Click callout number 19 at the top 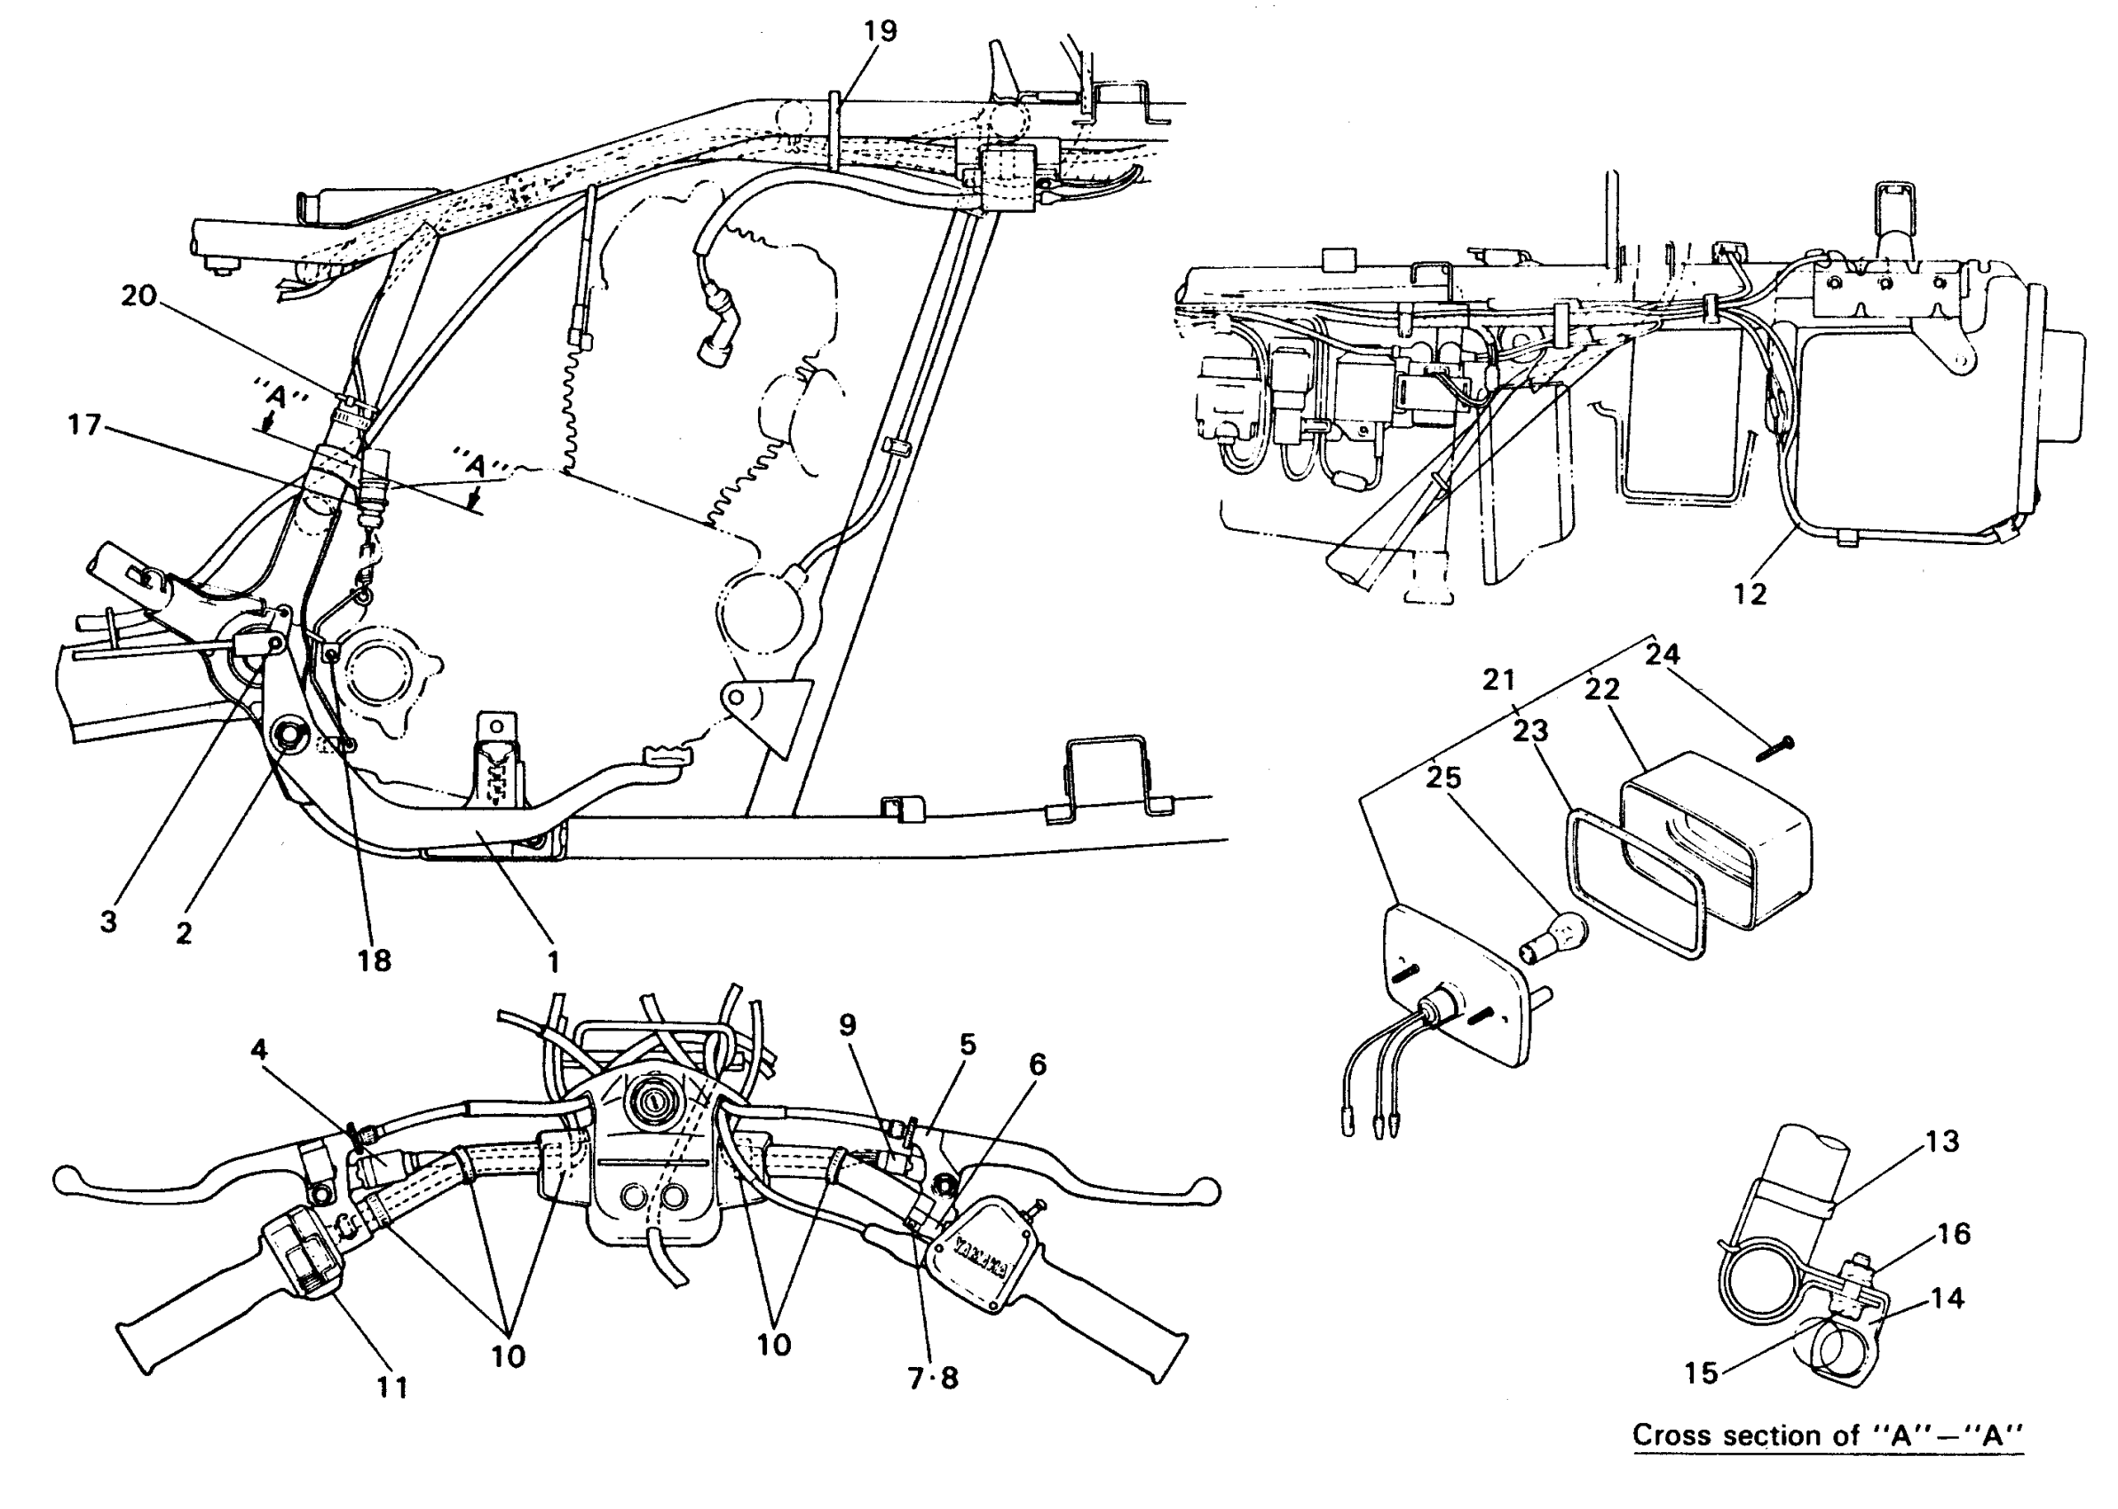(x=880, y=32)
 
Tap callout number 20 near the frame (x=139, y=296)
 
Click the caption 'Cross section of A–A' (x=1827, y=1434)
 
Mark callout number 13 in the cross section (x=1941, y=1141)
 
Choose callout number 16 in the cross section (x=1954, y=1234)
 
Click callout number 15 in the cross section (x=1701, y=1373)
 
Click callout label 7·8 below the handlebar (x=933, y=1379)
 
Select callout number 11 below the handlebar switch (x=392, y=1388)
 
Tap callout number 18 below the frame (x=375, y=960)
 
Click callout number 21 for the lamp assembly (x=1498, y=680)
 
